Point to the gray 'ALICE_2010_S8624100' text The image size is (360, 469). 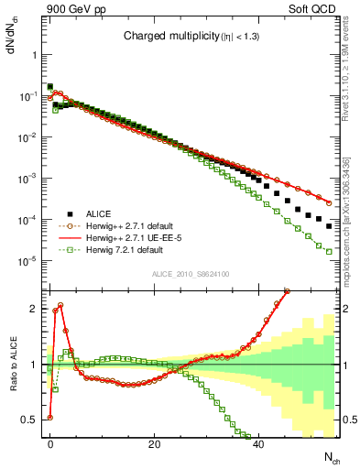(190, 274)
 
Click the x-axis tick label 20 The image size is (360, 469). (155, 443)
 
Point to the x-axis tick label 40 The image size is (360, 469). (259, 443)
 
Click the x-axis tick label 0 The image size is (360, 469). (50, 443)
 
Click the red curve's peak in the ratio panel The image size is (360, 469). (60, 305)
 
